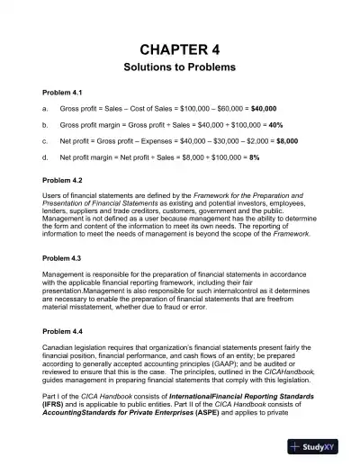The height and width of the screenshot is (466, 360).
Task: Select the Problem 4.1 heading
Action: (x=63, y=93)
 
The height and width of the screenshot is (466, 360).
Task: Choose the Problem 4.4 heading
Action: (x=63, y=321)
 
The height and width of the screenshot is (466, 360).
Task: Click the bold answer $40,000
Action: (x=261, y=108)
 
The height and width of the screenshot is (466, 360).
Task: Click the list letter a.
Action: (x=46, y=108)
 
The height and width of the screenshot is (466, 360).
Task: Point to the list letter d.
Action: (x=46, y=157)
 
